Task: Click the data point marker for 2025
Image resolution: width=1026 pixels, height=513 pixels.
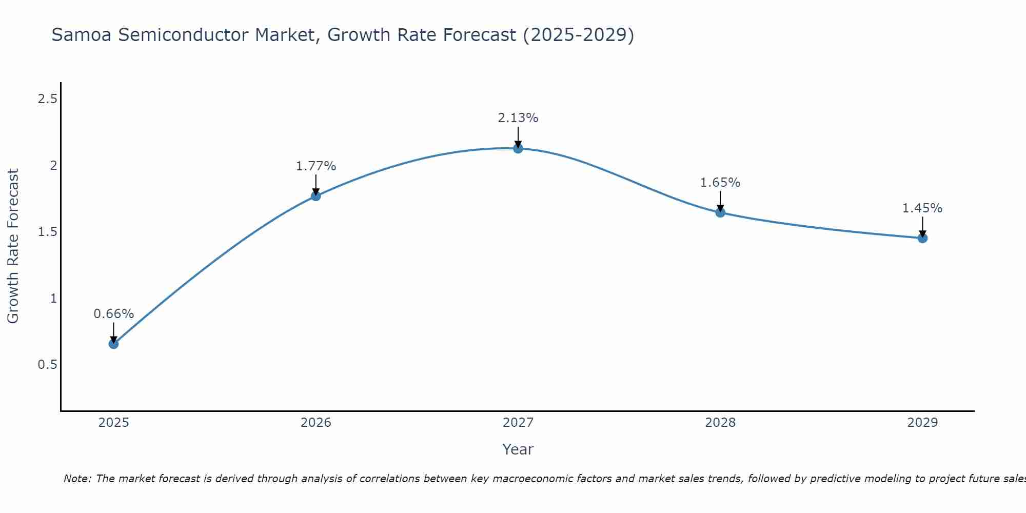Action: (x=113, y=344)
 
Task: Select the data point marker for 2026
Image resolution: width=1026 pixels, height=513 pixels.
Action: (x=315, y=196)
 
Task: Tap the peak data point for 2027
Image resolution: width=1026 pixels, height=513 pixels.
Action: (x=518, y=148)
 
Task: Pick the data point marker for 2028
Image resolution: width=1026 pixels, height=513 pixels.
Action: (x=720, y=212)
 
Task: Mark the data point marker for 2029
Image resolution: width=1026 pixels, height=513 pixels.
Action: (x=922, y=238)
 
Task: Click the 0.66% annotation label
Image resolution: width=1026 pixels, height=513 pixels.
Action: (x=113, y=314)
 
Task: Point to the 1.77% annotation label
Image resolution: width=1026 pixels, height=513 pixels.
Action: (x=315, y=166)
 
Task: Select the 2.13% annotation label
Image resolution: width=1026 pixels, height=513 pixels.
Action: (x=518, y=118)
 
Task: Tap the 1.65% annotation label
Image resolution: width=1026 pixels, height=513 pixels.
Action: (x=720, y=183)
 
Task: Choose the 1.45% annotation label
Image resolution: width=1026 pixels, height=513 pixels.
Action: (x=922, y=208)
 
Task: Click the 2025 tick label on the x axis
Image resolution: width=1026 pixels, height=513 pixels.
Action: (x=113, y=423)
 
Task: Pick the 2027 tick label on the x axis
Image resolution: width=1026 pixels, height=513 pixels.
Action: (x=518, y=423)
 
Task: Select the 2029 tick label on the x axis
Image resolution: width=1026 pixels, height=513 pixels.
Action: (x=922, y=423)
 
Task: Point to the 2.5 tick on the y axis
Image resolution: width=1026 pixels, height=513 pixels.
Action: (x=47, y=99)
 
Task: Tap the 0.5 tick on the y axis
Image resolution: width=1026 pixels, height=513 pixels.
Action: (x=47, y=365)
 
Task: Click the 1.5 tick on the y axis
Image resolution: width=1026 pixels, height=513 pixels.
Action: (x=47, y=232)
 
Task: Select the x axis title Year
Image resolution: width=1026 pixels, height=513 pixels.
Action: (x=518, y=449)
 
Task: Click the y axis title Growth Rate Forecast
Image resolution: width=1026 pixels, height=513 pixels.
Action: (x=13, y=246)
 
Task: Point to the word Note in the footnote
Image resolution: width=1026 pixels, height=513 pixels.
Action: (x=76, y=479)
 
